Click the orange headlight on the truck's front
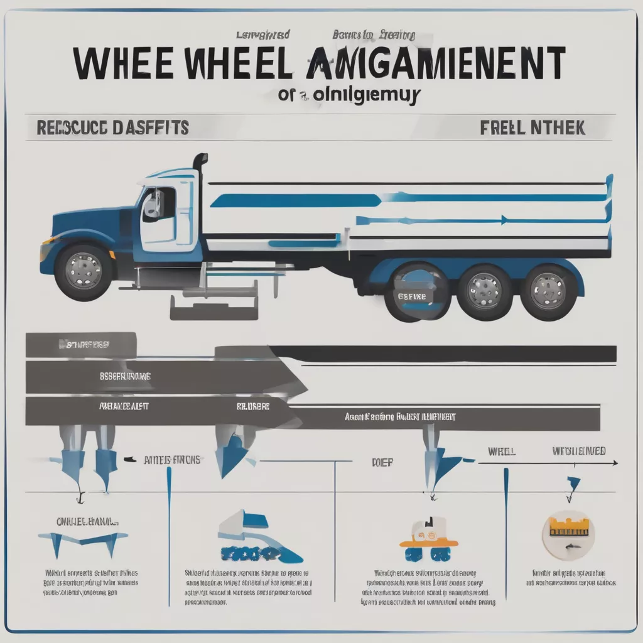tap(45, 249)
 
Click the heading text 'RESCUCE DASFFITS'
tap(108, 127)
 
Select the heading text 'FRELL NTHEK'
tap(532, 128)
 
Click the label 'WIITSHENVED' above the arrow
tap(579, 451)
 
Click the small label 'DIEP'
tap(382, 463)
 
